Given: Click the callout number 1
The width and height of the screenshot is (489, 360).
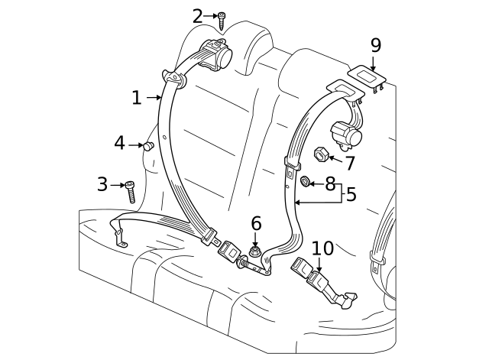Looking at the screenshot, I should pyautogui.click(x=136, y=97).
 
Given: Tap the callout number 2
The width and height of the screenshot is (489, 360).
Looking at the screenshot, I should pyautogui.click(x=198, y=15).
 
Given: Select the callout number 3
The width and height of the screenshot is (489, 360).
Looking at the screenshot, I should pyautogui.click(x=102, y=184).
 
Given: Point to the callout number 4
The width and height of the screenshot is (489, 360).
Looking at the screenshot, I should pyautogui.click(x=120, y=143).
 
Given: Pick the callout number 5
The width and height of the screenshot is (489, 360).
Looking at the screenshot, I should pyautogui.click(x=351, y=194).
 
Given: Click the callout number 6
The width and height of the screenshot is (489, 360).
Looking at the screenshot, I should pyautogui.click(x=256, y=223).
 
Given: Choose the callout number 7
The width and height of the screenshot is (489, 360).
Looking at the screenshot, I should pyautogui.click(x=350, y=163).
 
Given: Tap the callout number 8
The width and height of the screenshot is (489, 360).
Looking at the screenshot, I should pyautogui.click(x=330, y=183).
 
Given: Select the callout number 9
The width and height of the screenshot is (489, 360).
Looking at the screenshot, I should pyautogui.click(x=375, y=45).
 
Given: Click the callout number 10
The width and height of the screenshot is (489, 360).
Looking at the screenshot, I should pyautogui.click(x=322, y=248).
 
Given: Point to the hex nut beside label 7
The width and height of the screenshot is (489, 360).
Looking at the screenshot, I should pyautogui.click(x=321, y=155).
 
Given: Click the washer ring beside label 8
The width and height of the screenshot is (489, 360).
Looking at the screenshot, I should pyautogui.click(x=304, y=182).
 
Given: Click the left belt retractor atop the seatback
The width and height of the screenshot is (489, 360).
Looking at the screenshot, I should pyautogui.click(x=220, y=56).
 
